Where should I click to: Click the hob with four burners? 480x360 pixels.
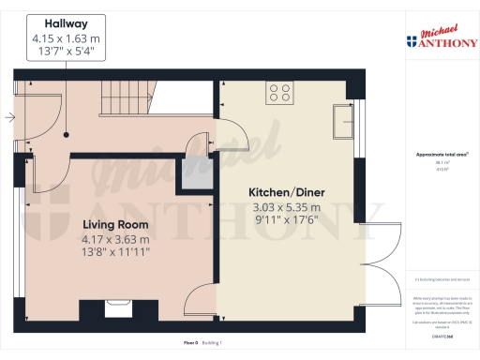click(x=279, y=92)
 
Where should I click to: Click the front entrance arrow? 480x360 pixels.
click(x=8, y=117)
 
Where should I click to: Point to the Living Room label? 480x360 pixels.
click(x=115, y=225)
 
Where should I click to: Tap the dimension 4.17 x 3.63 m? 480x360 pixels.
click(x=115, y=239)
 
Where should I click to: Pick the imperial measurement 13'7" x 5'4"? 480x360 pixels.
click(x=67, y=53)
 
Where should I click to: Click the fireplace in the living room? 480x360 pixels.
click(x=119, y=307)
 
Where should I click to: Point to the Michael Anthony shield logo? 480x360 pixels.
click(x=412, y=41)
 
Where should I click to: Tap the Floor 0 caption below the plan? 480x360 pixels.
click(x=190, y=344)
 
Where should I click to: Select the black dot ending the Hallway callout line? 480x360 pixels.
click(x=67, y=135)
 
